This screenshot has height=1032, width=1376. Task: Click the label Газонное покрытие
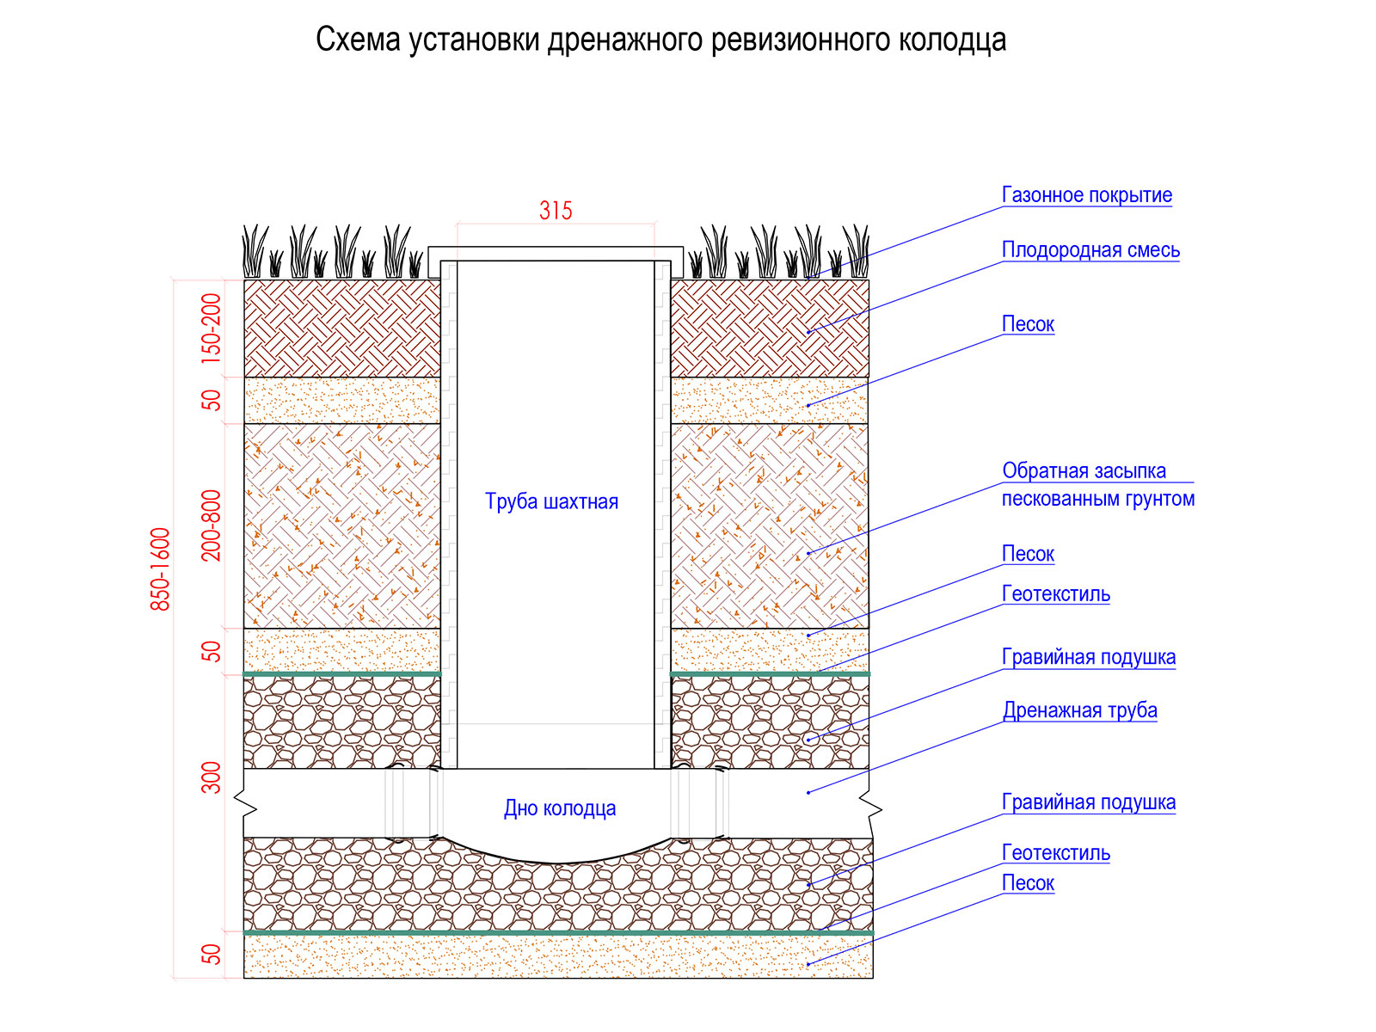(x=1086, y=195)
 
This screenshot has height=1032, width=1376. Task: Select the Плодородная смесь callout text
(x=1090, y=250)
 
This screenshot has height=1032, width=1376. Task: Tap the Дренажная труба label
(x=1079, y=710)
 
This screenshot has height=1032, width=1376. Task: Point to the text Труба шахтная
(x=551, y=501)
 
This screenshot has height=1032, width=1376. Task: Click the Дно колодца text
(x=559, y=808)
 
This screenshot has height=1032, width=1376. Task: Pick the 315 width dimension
(x=556, y=211)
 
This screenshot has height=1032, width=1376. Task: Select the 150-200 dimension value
(x=212, y=329)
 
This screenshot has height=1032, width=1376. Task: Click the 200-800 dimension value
(x=212, y=525)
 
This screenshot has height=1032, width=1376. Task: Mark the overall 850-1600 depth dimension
(x=160, y=569)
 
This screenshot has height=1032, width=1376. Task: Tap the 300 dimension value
(x=212, y=777)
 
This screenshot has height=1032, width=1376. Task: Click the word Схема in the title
(x=357, y=40)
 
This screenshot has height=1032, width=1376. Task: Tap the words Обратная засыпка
(x=1084, y=470)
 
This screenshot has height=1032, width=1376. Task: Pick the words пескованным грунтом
(x=1097, y=499)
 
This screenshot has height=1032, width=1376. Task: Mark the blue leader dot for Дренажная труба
(x=808, y=793)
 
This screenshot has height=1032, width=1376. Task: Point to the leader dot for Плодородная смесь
(x=808, y=332)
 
